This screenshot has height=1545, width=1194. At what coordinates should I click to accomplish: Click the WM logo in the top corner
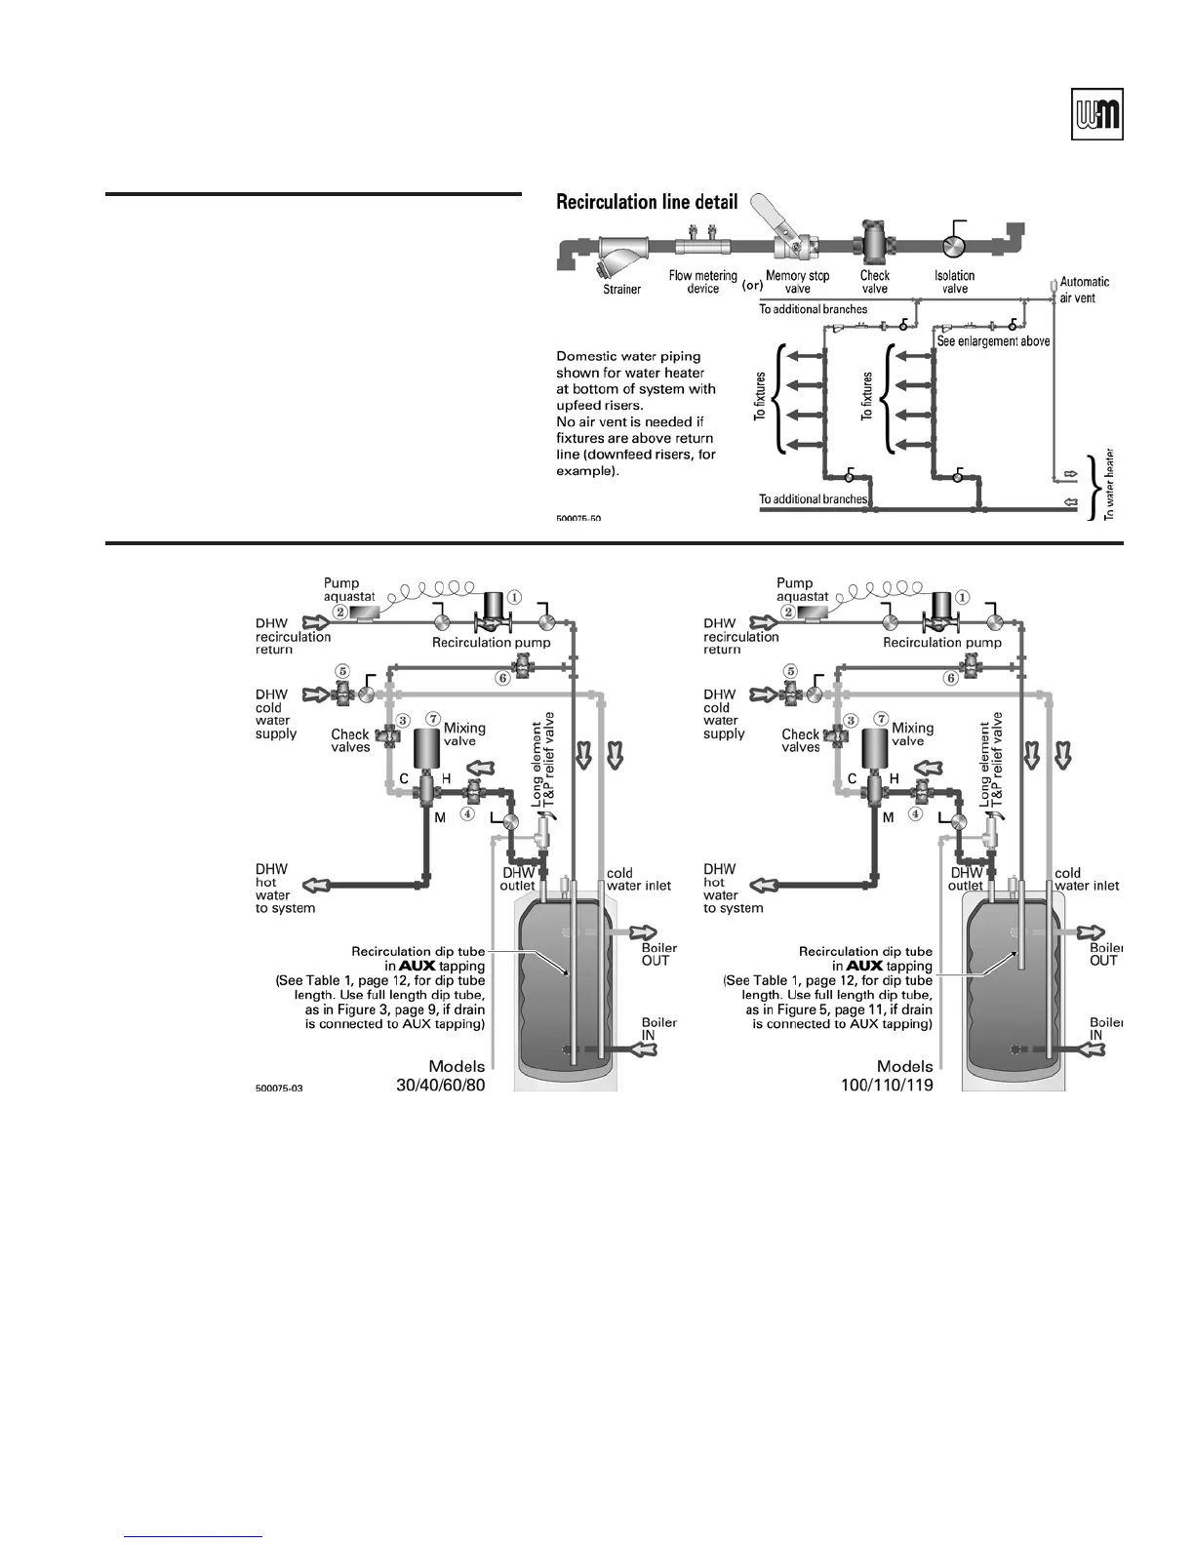tap(1096, 116)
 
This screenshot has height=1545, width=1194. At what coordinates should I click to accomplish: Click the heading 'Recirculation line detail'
tap(647, 203)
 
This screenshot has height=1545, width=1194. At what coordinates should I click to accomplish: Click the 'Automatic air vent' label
tap(1084, 290)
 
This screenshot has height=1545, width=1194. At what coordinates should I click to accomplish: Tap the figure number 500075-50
tap(578, 519)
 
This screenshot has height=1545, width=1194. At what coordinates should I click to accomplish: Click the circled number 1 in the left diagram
tap(514, 597)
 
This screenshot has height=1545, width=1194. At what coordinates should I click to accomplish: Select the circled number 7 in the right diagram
tap(881, 719)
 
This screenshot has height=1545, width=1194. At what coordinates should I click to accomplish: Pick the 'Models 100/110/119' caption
tap(887, 1075)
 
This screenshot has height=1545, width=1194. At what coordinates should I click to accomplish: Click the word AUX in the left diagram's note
tap(417, 966)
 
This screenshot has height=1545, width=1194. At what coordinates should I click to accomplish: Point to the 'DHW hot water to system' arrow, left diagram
tap(318, 886)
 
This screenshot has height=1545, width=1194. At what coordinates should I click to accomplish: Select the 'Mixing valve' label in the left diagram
tap(464, 734)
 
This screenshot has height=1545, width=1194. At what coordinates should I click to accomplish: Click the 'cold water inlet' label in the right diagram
tap(1087, 879)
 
